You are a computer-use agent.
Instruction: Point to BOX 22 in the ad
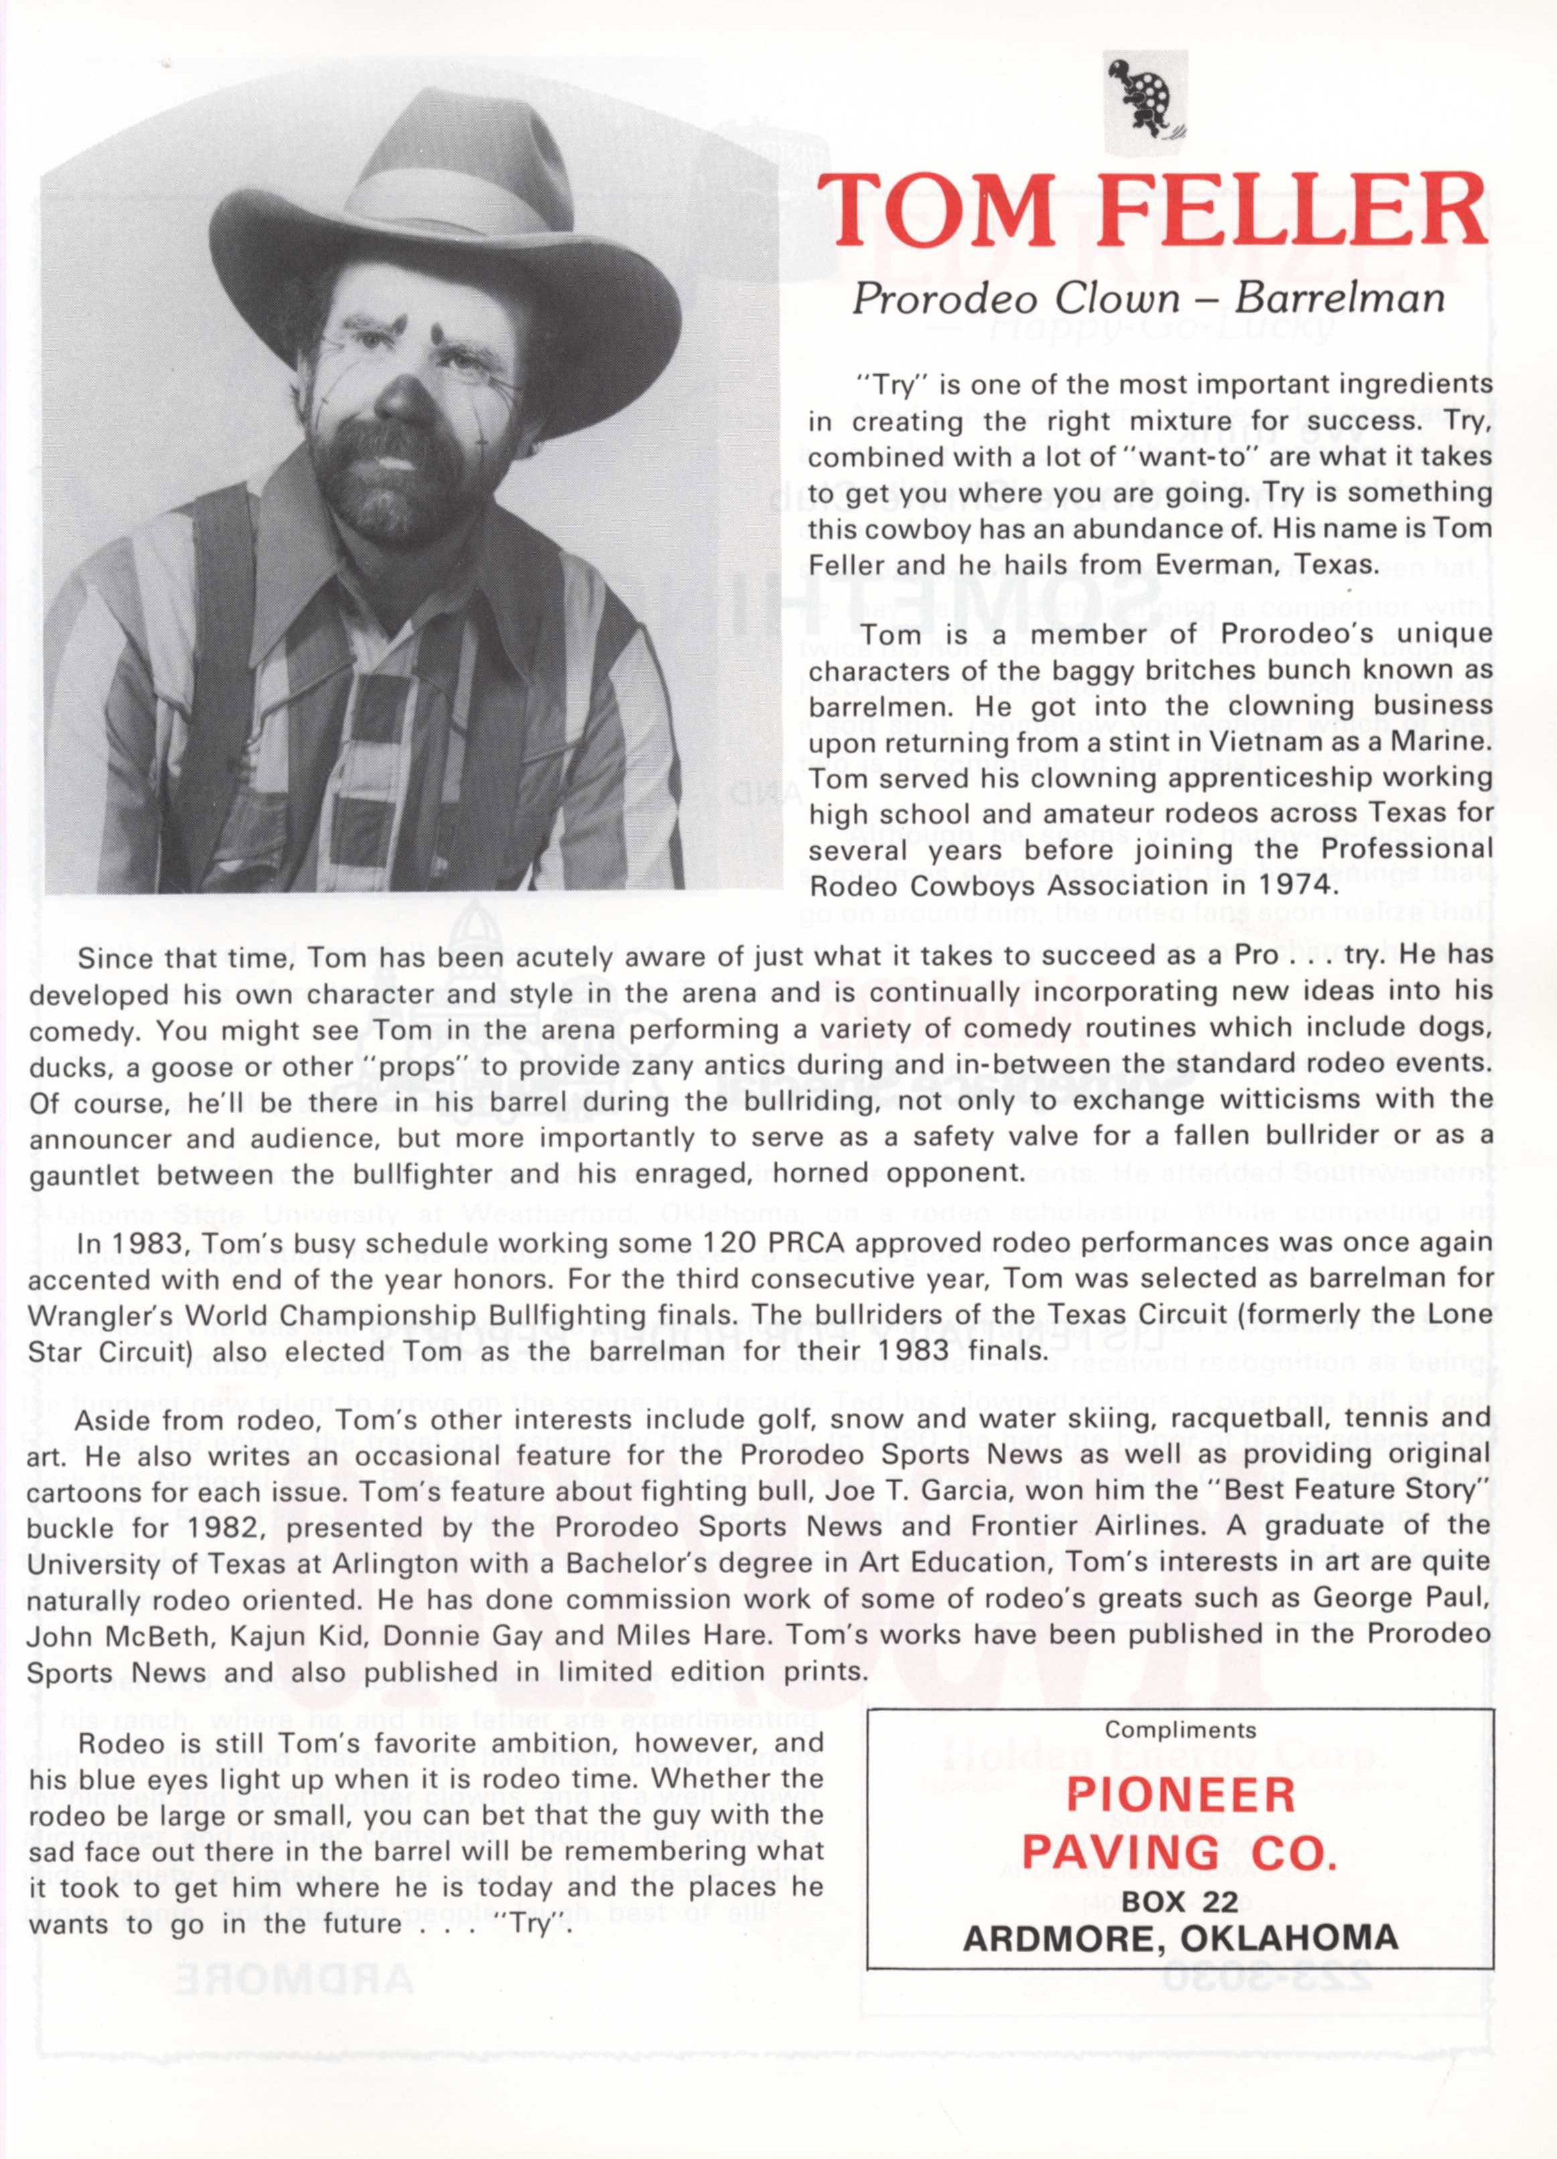pos(1180,1900)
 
